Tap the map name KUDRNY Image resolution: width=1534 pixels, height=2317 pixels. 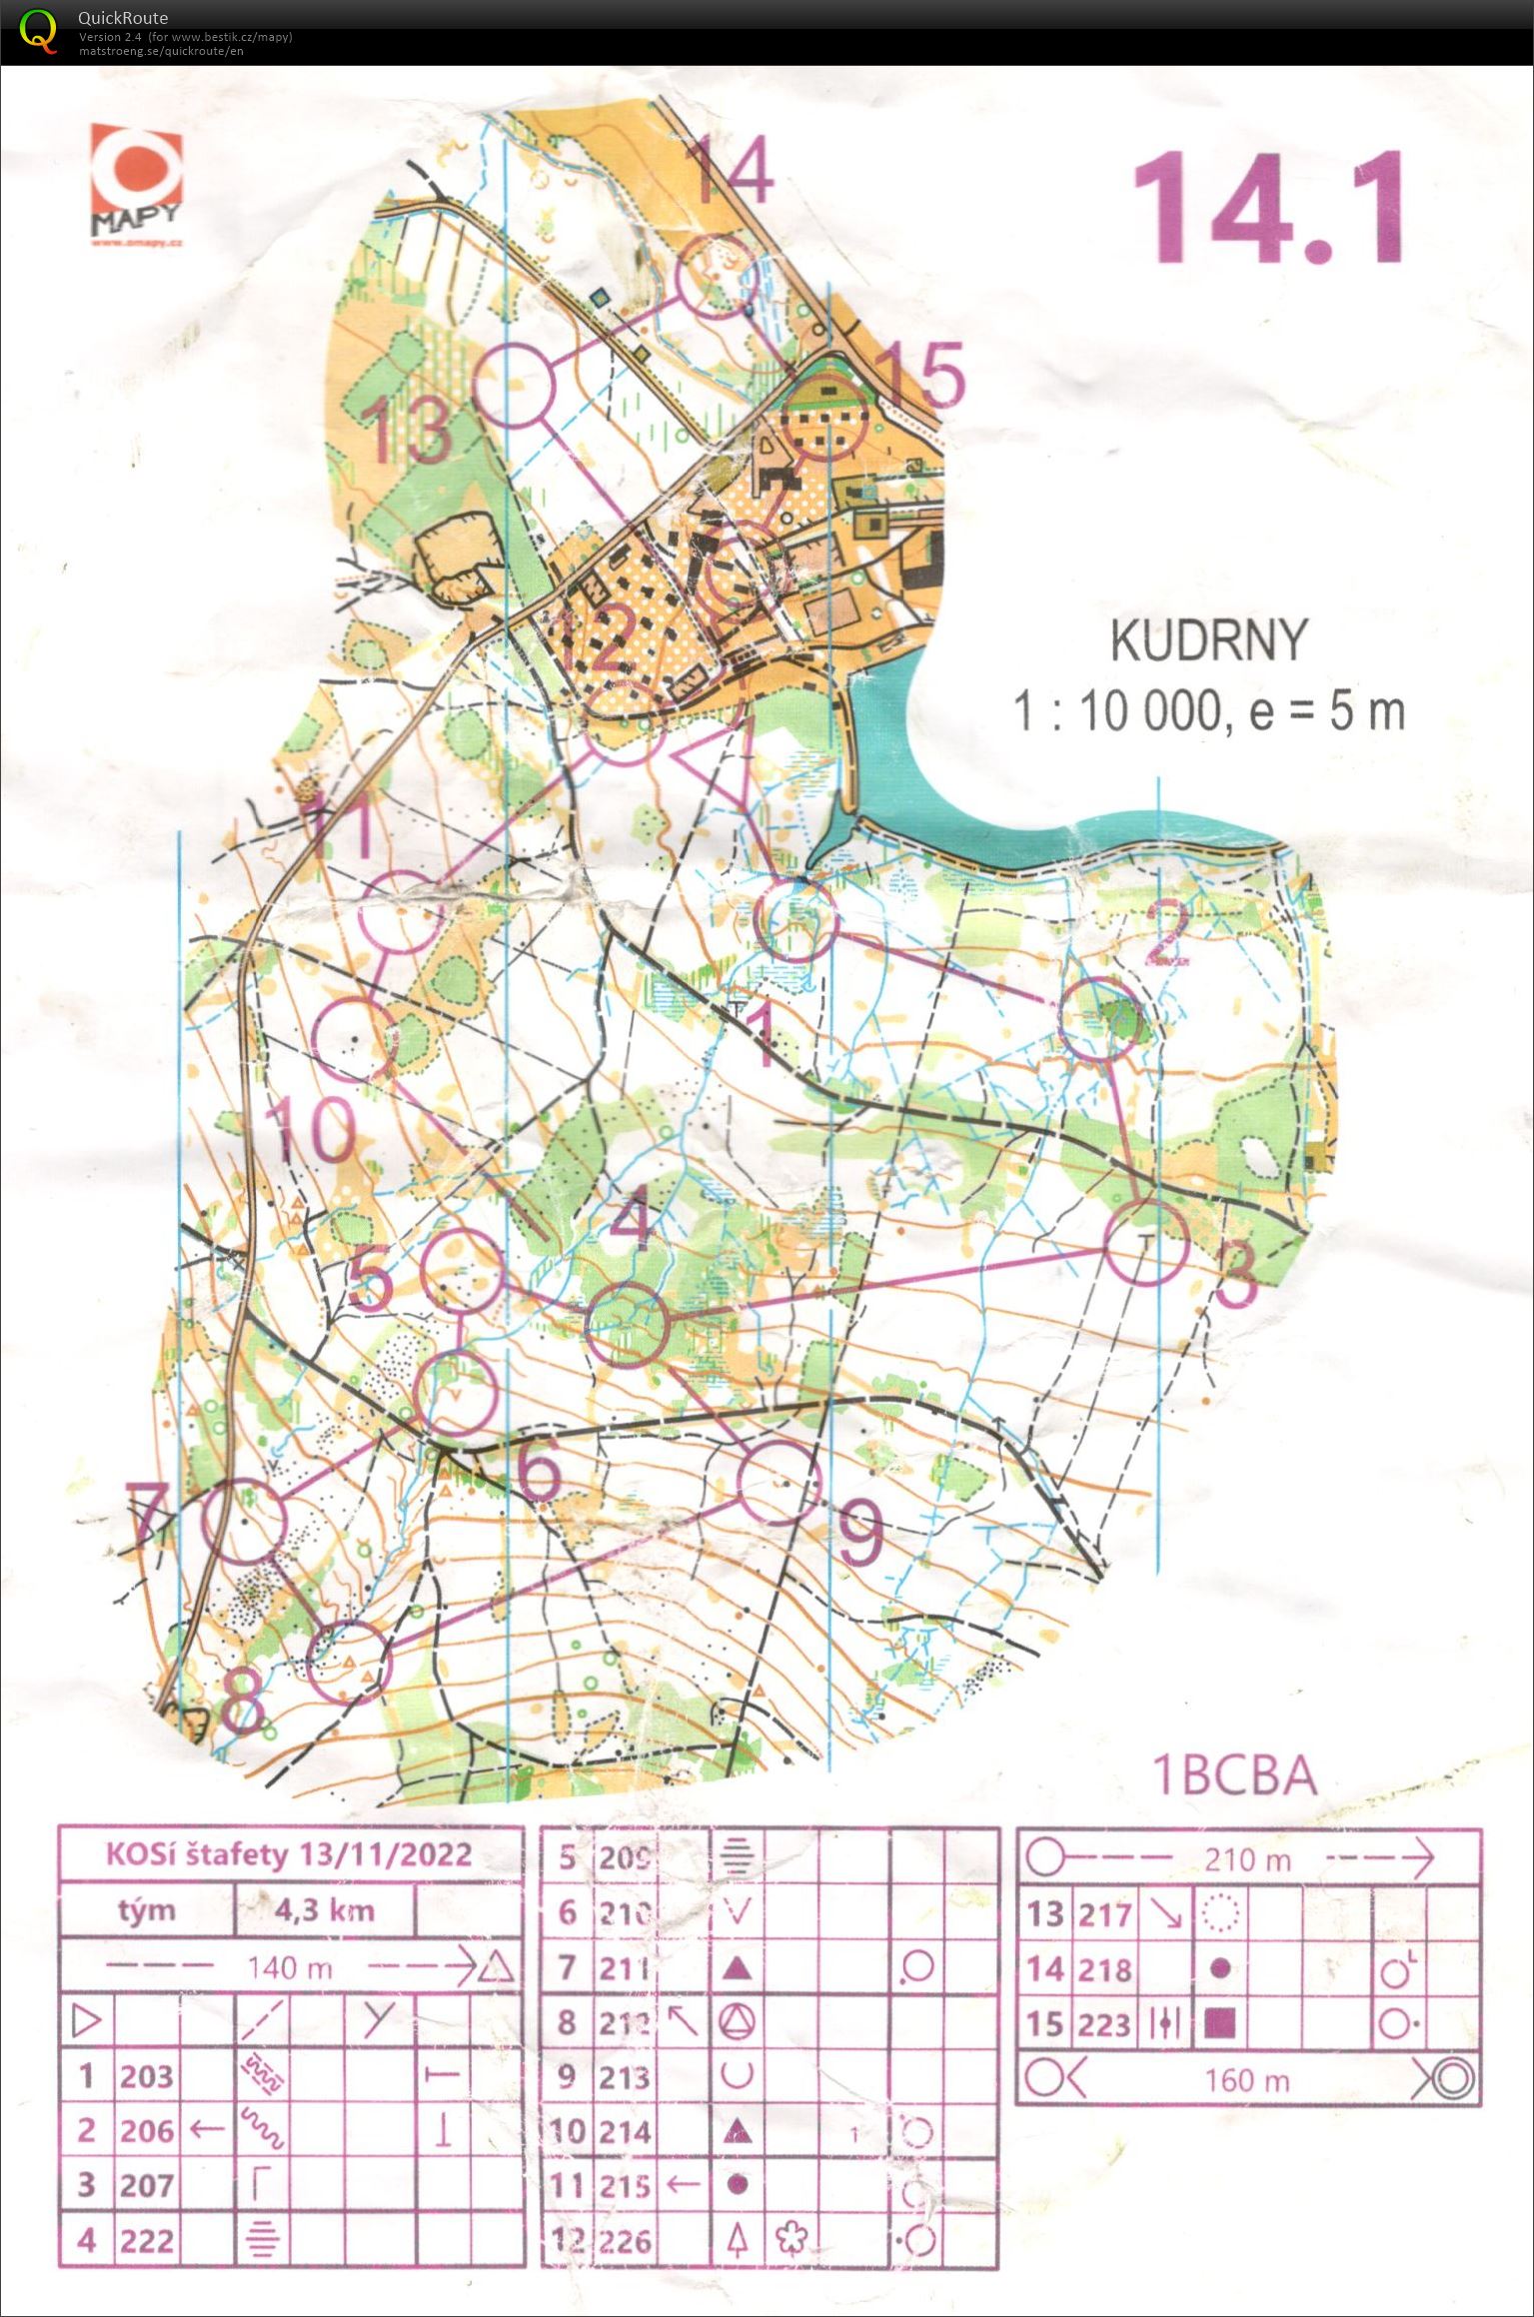point(1208,640)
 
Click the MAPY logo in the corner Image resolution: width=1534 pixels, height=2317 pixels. point(137,186)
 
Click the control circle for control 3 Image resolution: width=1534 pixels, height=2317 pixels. point(1146,1243)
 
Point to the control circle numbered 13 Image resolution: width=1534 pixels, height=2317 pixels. point(514,386)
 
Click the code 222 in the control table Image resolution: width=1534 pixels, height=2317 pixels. point(147,2240)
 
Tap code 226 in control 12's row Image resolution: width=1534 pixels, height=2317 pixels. point(625,2241)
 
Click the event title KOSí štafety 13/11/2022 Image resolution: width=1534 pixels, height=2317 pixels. point(289,1854)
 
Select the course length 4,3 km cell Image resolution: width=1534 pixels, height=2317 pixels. point(325,1910)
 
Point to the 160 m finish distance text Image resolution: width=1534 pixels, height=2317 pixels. point(1247,2080)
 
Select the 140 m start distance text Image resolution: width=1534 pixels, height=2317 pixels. point(290,1967)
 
